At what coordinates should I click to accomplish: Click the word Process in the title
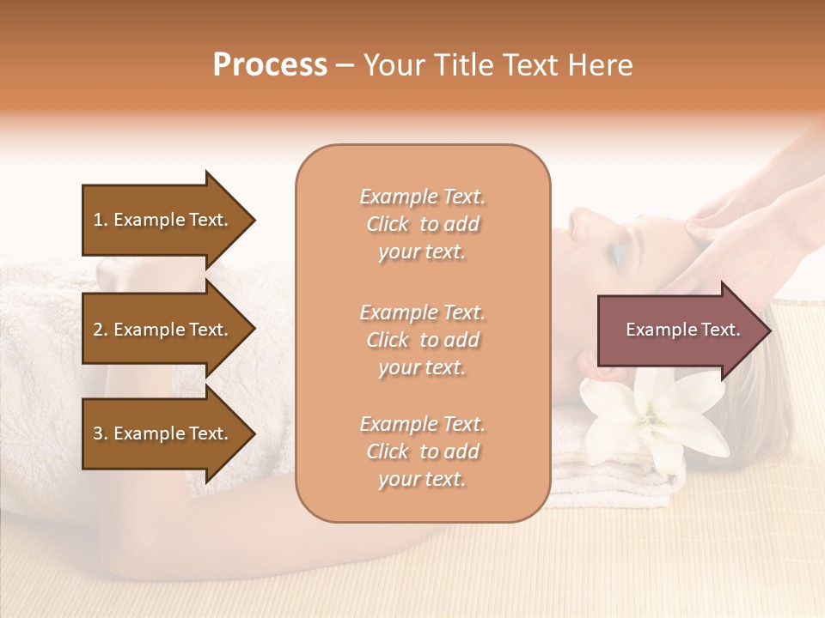tap(270, 65)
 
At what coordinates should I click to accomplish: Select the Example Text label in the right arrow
tap(682, 330)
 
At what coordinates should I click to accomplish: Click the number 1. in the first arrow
tap(101, 220)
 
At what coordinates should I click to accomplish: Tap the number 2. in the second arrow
tap(101, 330)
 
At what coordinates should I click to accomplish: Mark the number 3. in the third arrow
tap(101, 433)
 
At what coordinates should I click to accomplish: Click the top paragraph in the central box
tap(422, 224)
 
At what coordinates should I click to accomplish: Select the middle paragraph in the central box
tap(422, 340)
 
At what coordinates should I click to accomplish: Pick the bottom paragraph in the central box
tap(422, 451)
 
